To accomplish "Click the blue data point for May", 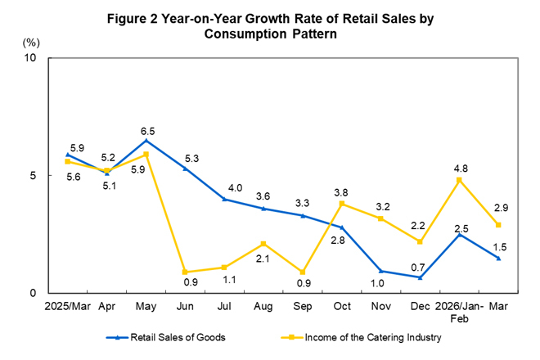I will click(146, 140).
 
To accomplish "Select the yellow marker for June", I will click(185, 272).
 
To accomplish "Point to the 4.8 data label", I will click(461, 169).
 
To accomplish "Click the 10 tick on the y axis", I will click(32, 59).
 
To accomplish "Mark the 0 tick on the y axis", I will click(35, 293).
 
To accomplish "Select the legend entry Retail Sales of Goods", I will click(168, 336).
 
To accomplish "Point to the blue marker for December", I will click(420, 277).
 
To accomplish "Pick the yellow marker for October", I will click(342, 204).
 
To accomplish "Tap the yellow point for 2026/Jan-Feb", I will click(459, 180).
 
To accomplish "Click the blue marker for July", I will click(224, 199).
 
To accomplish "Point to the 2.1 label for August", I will click(263, 259).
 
